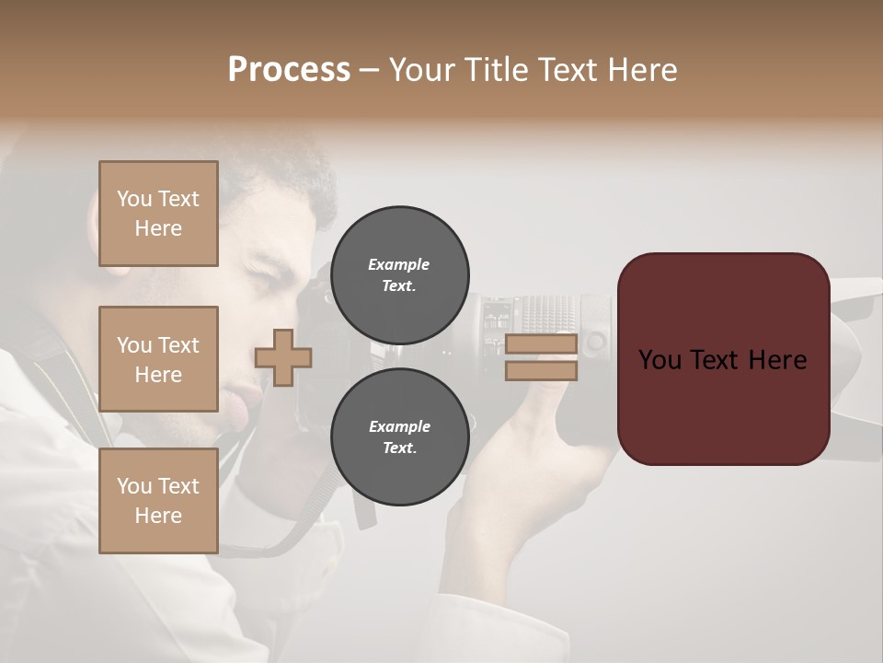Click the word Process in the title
pyautogui.click(x=289, y=70)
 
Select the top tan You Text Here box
pyautogui.click(x=158, y=214)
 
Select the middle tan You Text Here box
pyautogui.click(x=158, y=359)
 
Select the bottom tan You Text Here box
pyautogui.click(x=158, y=501)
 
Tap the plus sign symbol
pyautogui.click(x=283, y=357)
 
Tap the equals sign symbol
pyautogui.click(x=541, y=357)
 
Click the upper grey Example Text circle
pyautogui.click(x=399, y=274)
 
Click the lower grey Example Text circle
pyautogui.click(x=399, y=436)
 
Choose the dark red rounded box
pyautogui.click(x=723, y=359)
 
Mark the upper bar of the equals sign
pyautogui.click(x=541, y=344)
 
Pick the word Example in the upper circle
pyautogui.click(x=399, y=264)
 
